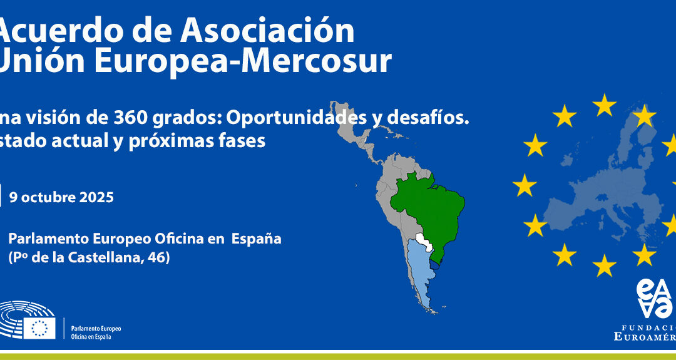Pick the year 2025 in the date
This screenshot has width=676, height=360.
[96, 198]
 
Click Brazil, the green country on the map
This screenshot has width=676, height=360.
[432, 200]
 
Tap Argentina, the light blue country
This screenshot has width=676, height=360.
[419, 275]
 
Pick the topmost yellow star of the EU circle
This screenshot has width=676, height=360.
[605, 105]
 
